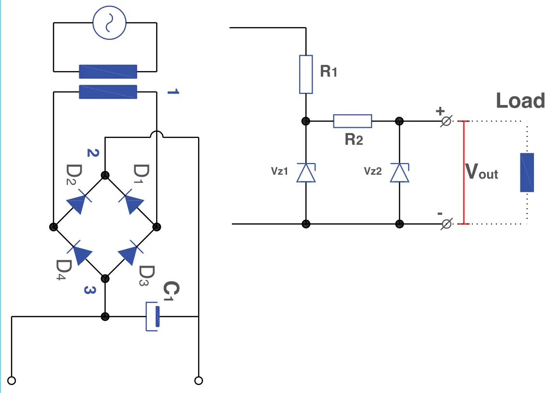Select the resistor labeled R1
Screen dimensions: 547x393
tap(306, 75)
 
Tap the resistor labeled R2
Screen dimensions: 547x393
tap(352, 121)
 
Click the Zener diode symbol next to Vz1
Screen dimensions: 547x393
tap(306, 173)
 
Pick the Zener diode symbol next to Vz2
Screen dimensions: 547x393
tap(400, 173)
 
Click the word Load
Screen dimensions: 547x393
tap(520, 101)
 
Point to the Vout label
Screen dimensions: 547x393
tap(481, 171)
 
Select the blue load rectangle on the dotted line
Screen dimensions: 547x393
tap(527, 173)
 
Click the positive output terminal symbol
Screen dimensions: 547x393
tap(446, 121)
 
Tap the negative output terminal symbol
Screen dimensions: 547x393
tap(446, 224)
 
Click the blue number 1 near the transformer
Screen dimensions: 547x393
tap(173, 92)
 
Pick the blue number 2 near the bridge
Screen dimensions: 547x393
tap(93, 152)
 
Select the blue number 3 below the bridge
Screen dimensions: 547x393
tap(90, 290)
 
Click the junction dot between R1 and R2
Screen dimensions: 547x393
tap(306, 121)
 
